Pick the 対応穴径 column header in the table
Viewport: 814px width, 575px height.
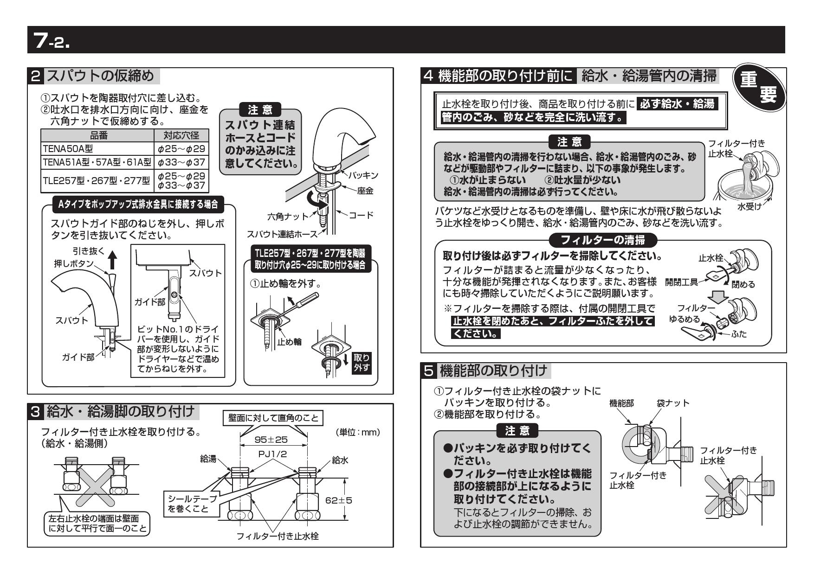pyautogui.click(x=181, y=135)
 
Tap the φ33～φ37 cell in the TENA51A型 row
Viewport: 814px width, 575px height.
pyautogui.click(x=181, y=162)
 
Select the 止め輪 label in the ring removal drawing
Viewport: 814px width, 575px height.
pyautogui.click(x=290, y=342)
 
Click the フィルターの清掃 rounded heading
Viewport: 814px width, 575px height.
pyautogui.click(x=603, y=240)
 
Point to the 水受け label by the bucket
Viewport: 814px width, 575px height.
pyautogui.click(x=749, y=207)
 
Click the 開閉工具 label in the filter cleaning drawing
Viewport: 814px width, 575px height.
pyautogui.click(x=681, y=282)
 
